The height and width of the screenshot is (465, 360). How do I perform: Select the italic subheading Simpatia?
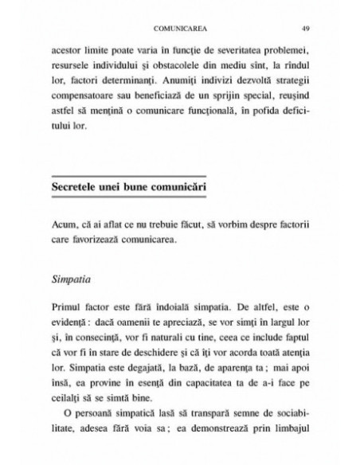pos(72,280)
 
